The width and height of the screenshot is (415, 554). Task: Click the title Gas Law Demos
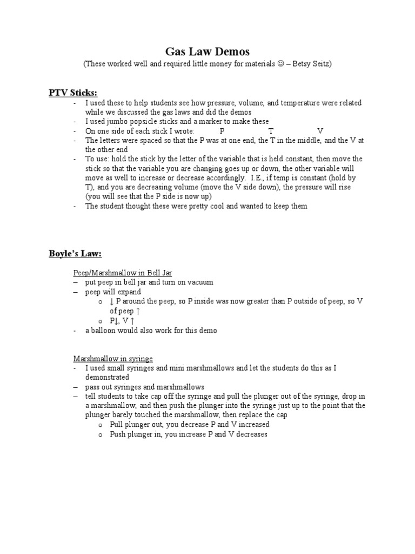coord(207,51)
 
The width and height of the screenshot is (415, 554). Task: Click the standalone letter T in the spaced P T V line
coord(271,131)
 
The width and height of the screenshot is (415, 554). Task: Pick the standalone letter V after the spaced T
coord(320,131)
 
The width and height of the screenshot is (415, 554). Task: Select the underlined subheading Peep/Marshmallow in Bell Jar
coord(122,273)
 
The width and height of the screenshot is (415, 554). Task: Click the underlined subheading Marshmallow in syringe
coord(113,358)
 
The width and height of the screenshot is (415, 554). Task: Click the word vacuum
coord(200,282)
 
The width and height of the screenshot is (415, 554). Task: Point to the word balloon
coord(103,330)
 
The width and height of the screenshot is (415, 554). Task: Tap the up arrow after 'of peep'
coord(138,311)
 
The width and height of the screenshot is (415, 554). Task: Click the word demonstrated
coord(107,377)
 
